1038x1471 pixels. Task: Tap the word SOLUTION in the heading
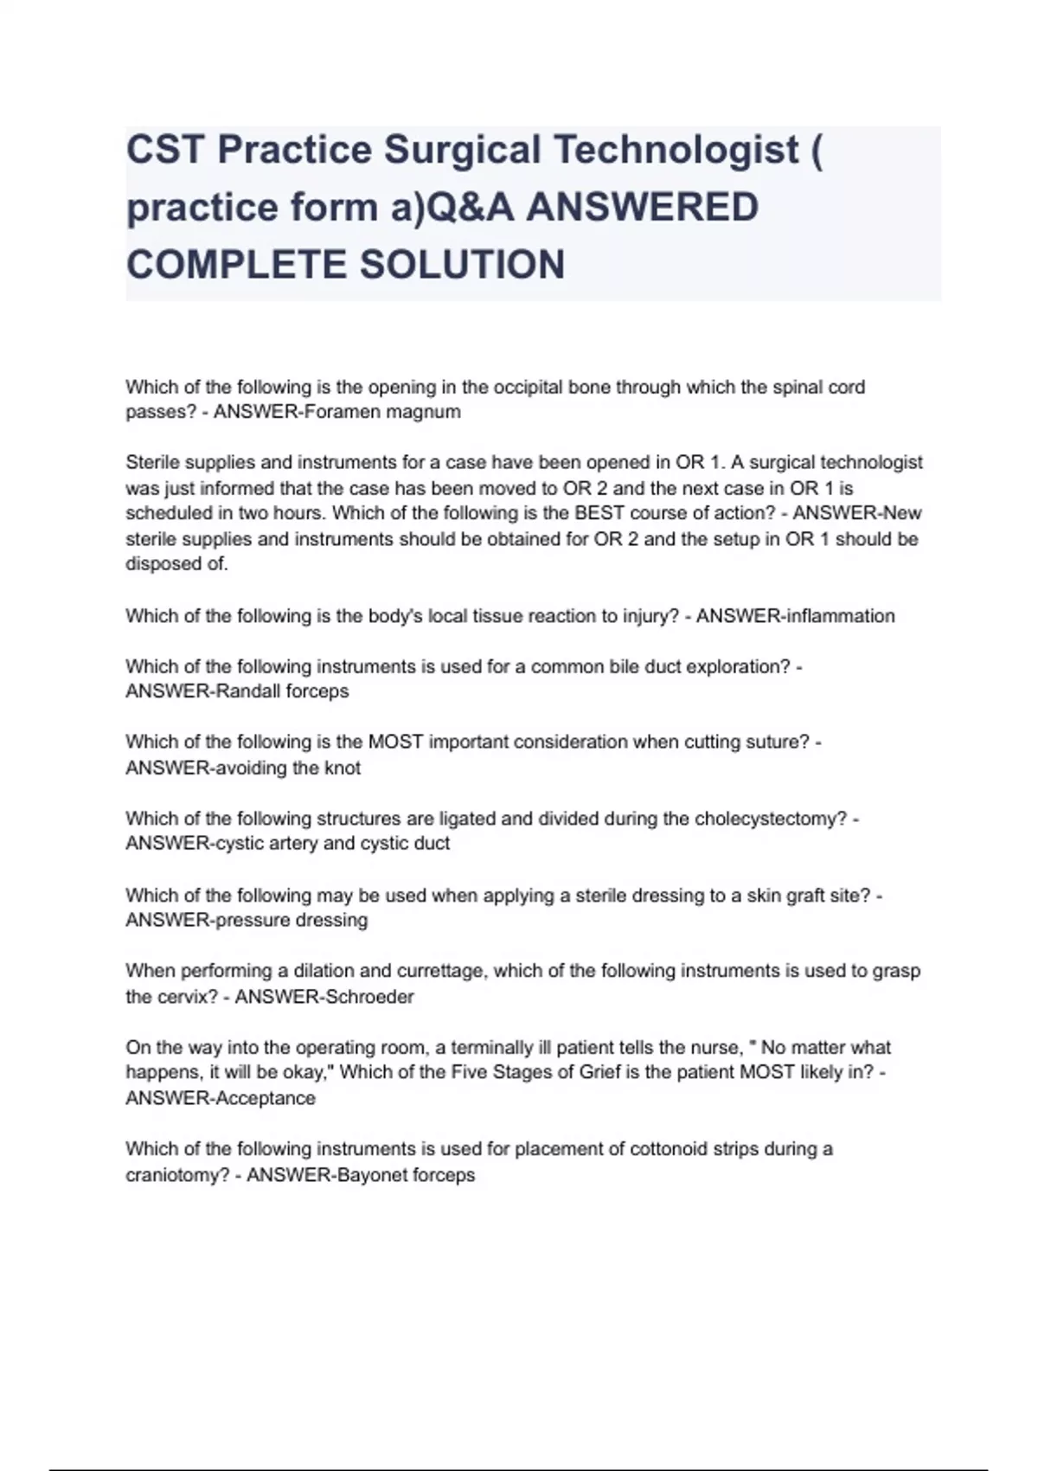462,265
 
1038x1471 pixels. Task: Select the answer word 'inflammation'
838,616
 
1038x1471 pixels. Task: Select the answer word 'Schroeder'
369,997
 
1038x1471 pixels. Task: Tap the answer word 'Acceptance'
269,1098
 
